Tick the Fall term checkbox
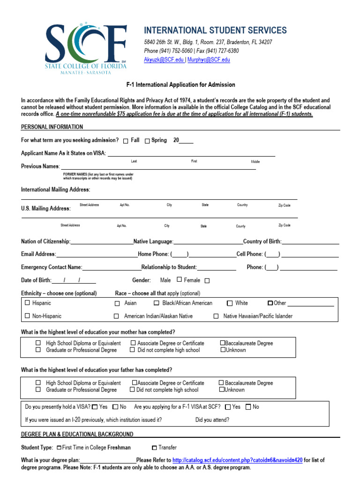(126, 141)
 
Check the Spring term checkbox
(147, 141)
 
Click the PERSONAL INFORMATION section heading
(52, 127)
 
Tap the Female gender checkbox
(207, 281)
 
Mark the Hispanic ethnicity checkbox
(27, 303)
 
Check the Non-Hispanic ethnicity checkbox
(27, 316)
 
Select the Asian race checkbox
(117, 303)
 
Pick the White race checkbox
(230, 303)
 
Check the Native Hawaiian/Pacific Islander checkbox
(216, 316)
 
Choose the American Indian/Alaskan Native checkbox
(116, 316)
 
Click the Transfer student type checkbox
(154, 448)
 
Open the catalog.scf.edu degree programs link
(237, 460)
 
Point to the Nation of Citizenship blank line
(102, 242)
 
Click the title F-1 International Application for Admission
(180, 85)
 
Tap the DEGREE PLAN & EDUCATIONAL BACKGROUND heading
(77, 435)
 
